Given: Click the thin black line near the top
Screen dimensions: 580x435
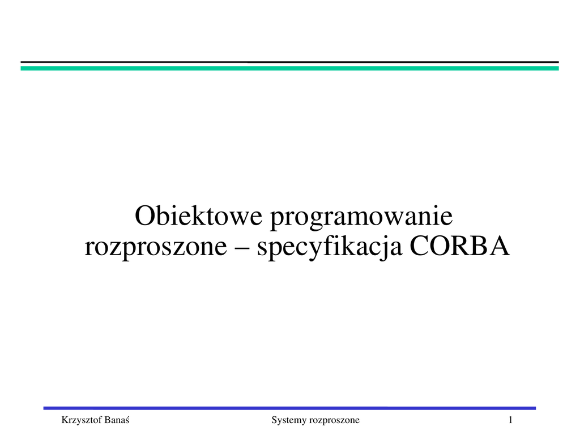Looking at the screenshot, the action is (289, 62).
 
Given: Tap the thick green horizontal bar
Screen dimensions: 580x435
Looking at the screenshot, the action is (289, 68).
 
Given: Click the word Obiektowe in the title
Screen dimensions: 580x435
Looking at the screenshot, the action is (199, 216).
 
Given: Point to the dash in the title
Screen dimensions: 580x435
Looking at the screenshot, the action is (242, 248).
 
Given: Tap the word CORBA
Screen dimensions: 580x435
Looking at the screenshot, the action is (460, 246).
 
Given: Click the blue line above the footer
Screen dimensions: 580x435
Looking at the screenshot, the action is (289, 408).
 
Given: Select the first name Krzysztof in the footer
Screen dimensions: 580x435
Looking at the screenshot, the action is (82, 421).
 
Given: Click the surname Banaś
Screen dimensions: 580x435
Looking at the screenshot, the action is (117, 420).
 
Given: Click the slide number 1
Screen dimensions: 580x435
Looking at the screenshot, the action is (510, 420).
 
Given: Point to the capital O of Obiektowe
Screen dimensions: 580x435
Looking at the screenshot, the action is (143, 216).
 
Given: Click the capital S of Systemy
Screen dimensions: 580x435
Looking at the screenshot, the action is (274, 420).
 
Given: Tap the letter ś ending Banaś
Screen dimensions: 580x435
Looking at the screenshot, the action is (127, 420).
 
